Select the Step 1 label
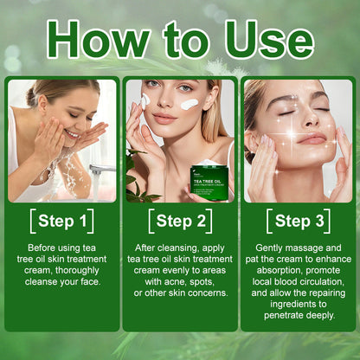(61, 221)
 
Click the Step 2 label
(180, 221)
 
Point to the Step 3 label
(299, 221)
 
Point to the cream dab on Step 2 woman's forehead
(190, 104)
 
